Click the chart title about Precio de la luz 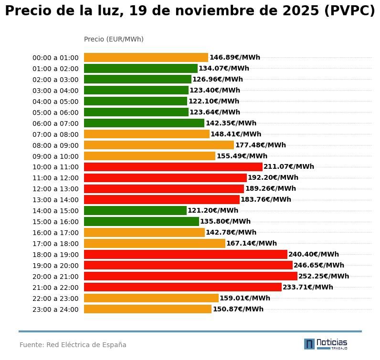coord(190,11)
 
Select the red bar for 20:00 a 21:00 coord(190,276)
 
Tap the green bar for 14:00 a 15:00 coord(135,210)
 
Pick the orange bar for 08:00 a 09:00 coord(159,145)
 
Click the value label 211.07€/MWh coord(289,167)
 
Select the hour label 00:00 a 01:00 coord(55,58)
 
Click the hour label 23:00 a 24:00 coord(55,309)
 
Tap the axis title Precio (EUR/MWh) coord(114,39)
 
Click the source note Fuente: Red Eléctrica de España coord(73,345)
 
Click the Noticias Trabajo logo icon coord(309,344)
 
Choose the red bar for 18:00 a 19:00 coord(186,254)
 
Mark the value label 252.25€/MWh coord(324,276)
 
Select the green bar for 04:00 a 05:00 coord(136,101)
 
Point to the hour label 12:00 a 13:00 coord(55,189)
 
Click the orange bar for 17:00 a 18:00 coord(155,243)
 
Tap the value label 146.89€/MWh coord(235,58)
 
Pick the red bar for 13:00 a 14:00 coord(162,199)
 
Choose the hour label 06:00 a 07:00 coord(55,123)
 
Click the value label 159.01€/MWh coord(245,298)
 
